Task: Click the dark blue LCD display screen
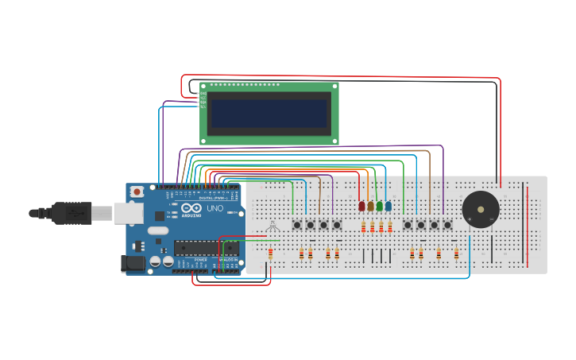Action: click(x=269, y=113)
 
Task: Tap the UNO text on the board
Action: click(x=215, y=208)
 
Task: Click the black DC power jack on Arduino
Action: click(x=133, y=264)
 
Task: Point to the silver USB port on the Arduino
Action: click(x=127, y=212)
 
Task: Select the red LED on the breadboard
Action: click(x=361, y=207)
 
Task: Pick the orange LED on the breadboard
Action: click(x=370, y=207)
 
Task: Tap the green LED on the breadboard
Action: click(x=379, y=207)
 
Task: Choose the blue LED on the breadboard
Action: click(x=388, y=207)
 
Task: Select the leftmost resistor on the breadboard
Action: click(x=270, y=254)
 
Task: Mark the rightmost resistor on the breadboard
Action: click(x=456, y=254)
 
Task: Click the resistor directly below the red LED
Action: click(x=363, y=228)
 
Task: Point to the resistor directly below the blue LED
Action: click(x=389, y=228)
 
